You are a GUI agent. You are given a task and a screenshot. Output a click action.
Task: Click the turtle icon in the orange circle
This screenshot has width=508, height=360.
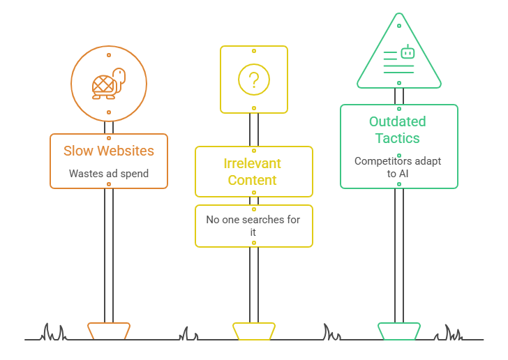coord(108,83)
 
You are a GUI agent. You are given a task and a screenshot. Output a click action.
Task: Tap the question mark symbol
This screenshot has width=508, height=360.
coord(254,80)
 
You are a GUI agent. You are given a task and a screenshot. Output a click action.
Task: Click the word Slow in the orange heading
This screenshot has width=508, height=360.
coord(78,151)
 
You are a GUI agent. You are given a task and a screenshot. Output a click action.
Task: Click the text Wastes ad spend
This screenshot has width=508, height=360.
coord(109,174)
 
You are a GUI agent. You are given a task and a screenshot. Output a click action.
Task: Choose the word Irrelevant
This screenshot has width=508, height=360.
coord(253,163)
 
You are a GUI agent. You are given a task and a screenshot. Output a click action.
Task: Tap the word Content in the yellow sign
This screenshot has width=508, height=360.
coord(253,180)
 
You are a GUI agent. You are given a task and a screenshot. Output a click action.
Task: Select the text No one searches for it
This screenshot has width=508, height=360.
coord(253,225)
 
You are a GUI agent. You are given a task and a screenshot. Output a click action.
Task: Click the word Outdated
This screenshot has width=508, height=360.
coord(398,121)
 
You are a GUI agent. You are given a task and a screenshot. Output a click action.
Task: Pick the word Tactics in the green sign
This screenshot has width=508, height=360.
coord(398,138)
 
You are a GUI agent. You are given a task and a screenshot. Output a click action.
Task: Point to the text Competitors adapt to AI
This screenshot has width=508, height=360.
coord(398,167)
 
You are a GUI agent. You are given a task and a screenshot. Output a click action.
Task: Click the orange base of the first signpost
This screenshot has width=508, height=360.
coord(109,331)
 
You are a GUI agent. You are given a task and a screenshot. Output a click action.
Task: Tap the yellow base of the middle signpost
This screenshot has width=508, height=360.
coord(254,331)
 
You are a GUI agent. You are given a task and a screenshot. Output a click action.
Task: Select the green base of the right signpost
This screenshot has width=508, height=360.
coord(399,331)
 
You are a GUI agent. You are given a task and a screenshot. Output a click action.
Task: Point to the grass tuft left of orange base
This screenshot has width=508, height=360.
coord(53,333)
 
